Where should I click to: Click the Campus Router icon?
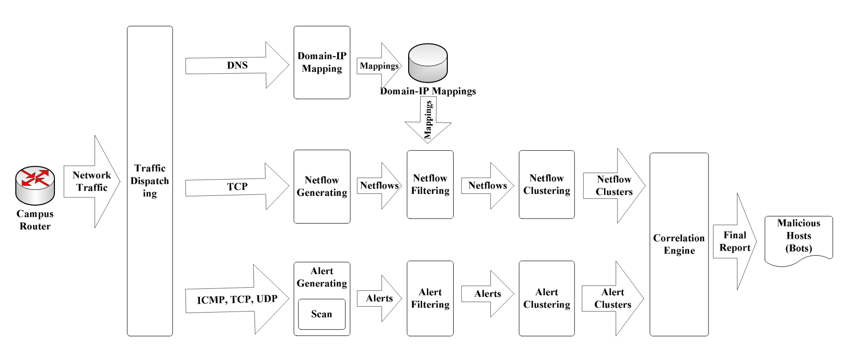35,185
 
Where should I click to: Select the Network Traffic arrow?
92,181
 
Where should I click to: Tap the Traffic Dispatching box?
149,181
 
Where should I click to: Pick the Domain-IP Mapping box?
322,63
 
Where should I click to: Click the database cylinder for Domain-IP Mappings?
427,63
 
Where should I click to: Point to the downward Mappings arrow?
428,120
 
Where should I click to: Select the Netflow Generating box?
322,186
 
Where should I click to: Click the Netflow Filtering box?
430,184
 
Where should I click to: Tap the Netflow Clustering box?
546,184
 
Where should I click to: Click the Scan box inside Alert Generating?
322,314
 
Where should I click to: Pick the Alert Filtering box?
430,298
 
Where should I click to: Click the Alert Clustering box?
546,298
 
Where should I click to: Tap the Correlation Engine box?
679,244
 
